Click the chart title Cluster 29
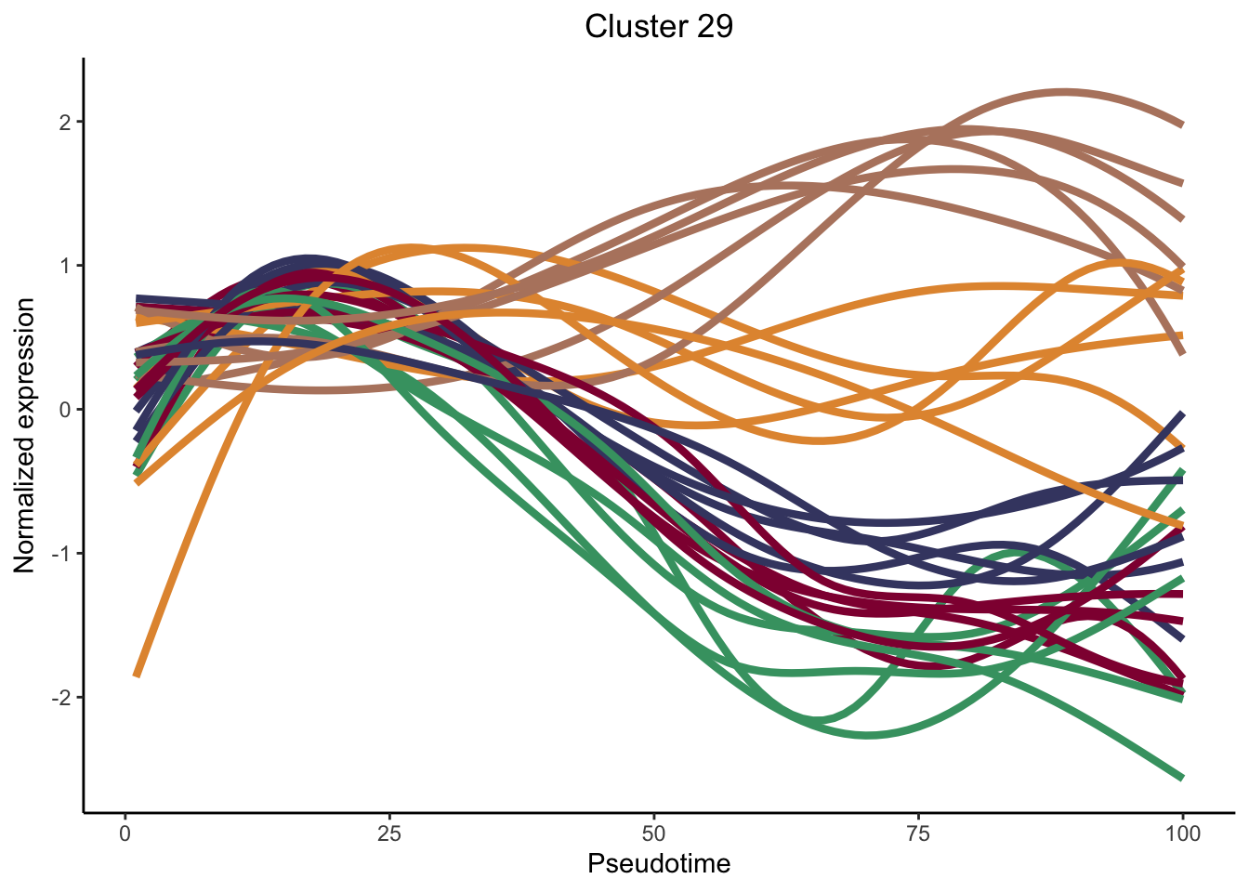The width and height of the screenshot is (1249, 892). tap(659, 27)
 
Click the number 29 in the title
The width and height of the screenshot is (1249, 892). tap(712, 27)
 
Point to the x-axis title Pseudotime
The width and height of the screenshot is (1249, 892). tap(659, 864)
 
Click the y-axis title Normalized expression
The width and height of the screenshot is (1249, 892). tap(25, 435)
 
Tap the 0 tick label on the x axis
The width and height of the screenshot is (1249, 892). tap(125, 833)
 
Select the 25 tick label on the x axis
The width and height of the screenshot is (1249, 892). tap(389, 833)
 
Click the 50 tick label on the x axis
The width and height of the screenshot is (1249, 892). tap(654, 833)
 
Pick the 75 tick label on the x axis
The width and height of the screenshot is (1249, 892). tap(918, 833)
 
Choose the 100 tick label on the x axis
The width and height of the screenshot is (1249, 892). tap(1182, 833)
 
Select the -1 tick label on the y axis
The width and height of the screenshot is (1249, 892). tap(63, 554)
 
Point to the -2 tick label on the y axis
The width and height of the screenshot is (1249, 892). tap(63, 698)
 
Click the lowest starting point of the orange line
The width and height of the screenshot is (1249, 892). tap(137, 676)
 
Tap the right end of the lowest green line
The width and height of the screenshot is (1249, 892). tap(1182, 778)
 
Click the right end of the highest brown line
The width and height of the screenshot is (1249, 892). tap(1182, 125)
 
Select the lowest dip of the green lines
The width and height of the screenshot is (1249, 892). tap(868, 735)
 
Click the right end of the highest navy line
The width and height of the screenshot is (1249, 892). tap(1182, 414)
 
